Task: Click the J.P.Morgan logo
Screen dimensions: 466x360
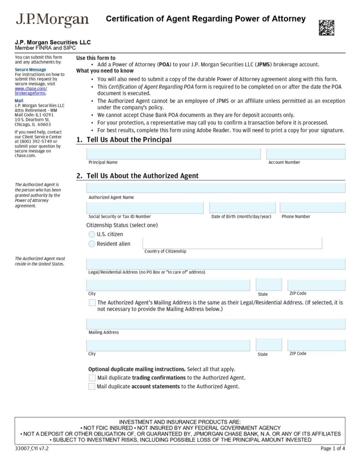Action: (x=52, y=20)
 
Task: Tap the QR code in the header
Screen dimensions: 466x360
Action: (x=326, y=28)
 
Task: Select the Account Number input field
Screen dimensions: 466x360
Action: (x=305, y=154)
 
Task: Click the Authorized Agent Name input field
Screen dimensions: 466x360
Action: (x=215, y=188)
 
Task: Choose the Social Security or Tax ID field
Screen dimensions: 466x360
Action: (x=145, y=208)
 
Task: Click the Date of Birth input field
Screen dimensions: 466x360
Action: (x=242, y=208)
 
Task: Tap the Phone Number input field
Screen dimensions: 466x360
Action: (x=312, y=208)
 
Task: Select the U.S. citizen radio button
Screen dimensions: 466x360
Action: (x=92, y=234)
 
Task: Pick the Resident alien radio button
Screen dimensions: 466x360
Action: (x=92, y=244)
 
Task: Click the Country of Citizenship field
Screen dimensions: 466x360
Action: (x=232, y=243)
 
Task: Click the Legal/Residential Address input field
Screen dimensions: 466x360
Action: (x=215, y=264)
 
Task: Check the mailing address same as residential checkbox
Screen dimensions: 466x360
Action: (x=92, y=303)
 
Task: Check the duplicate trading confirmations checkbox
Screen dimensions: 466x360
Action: (x=92, y=378)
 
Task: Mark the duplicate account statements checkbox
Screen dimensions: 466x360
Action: (x=92, y=387)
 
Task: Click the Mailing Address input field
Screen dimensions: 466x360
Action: (x=215, y=324)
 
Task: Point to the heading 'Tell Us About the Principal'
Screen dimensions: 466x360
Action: (x=129, y=140)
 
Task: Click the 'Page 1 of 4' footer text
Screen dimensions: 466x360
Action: (x=332, y=449)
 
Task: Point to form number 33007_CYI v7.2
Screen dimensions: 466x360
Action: (x=31, y=449)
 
